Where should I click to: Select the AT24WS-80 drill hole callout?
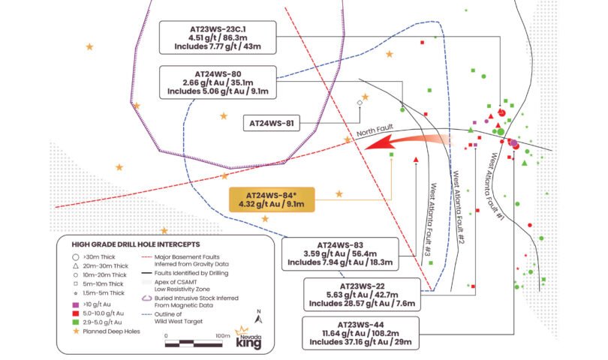coord(218,82)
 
